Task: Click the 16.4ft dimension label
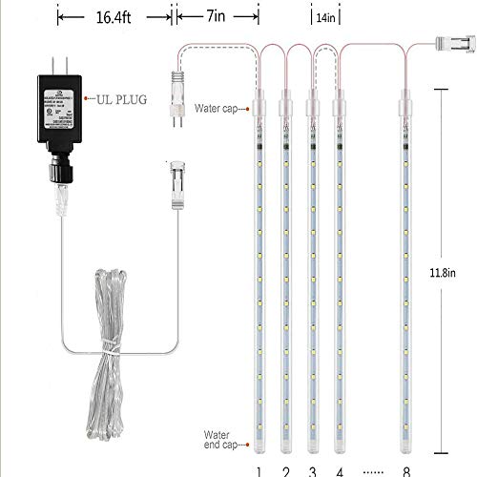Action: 113,16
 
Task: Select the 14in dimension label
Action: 325,17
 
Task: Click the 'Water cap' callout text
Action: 217,109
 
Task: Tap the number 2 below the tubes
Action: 285,470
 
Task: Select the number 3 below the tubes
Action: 311,470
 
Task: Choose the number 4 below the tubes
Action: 339,470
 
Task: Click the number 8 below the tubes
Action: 407,470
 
